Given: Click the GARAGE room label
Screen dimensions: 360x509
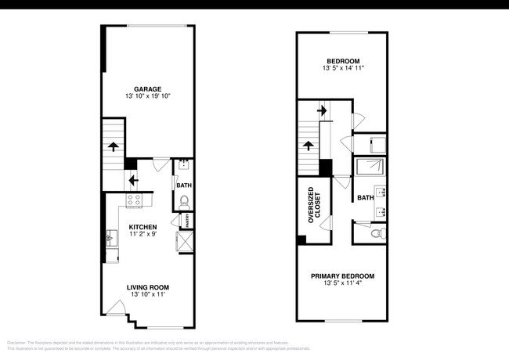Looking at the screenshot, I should pyautogui.click(x=148, y=88).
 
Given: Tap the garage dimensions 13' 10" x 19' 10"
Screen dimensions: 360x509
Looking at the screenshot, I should pyautogui.click(x=148, y=96).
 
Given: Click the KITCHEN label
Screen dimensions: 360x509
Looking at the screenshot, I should pyautogui.click(x=143, y=226).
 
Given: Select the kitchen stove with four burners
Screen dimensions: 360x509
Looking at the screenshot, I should pyautogui.click(x=133, y=200).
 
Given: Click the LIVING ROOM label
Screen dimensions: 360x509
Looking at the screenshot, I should pyautogui.click(x=148, y=287).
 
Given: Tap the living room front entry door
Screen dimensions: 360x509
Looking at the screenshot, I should pyautogui.click(x=114, y=318).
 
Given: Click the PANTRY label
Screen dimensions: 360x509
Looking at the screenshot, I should pyautogui.click(x=189, y=222).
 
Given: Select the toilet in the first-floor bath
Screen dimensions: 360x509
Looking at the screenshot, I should pyautogui.click(x=184, y=202).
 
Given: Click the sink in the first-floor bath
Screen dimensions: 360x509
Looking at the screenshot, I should pyautogui.click(x=182, y=165).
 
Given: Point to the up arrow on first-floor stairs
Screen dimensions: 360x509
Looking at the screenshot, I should pyautogui.click(x=114, y=146).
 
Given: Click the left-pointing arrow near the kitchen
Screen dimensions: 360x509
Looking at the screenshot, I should pyautogui.click(x=133, y=178).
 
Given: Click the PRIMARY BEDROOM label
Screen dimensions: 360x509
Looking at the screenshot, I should pyautogui.click(x=342, y=276).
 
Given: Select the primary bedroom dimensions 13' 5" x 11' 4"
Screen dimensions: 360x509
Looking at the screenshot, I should pyautogui.click(x=342, y=285).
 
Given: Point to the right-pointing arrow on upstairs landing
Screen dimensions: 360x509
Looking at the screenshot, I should pyautogui.click(x=320, y=111).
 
